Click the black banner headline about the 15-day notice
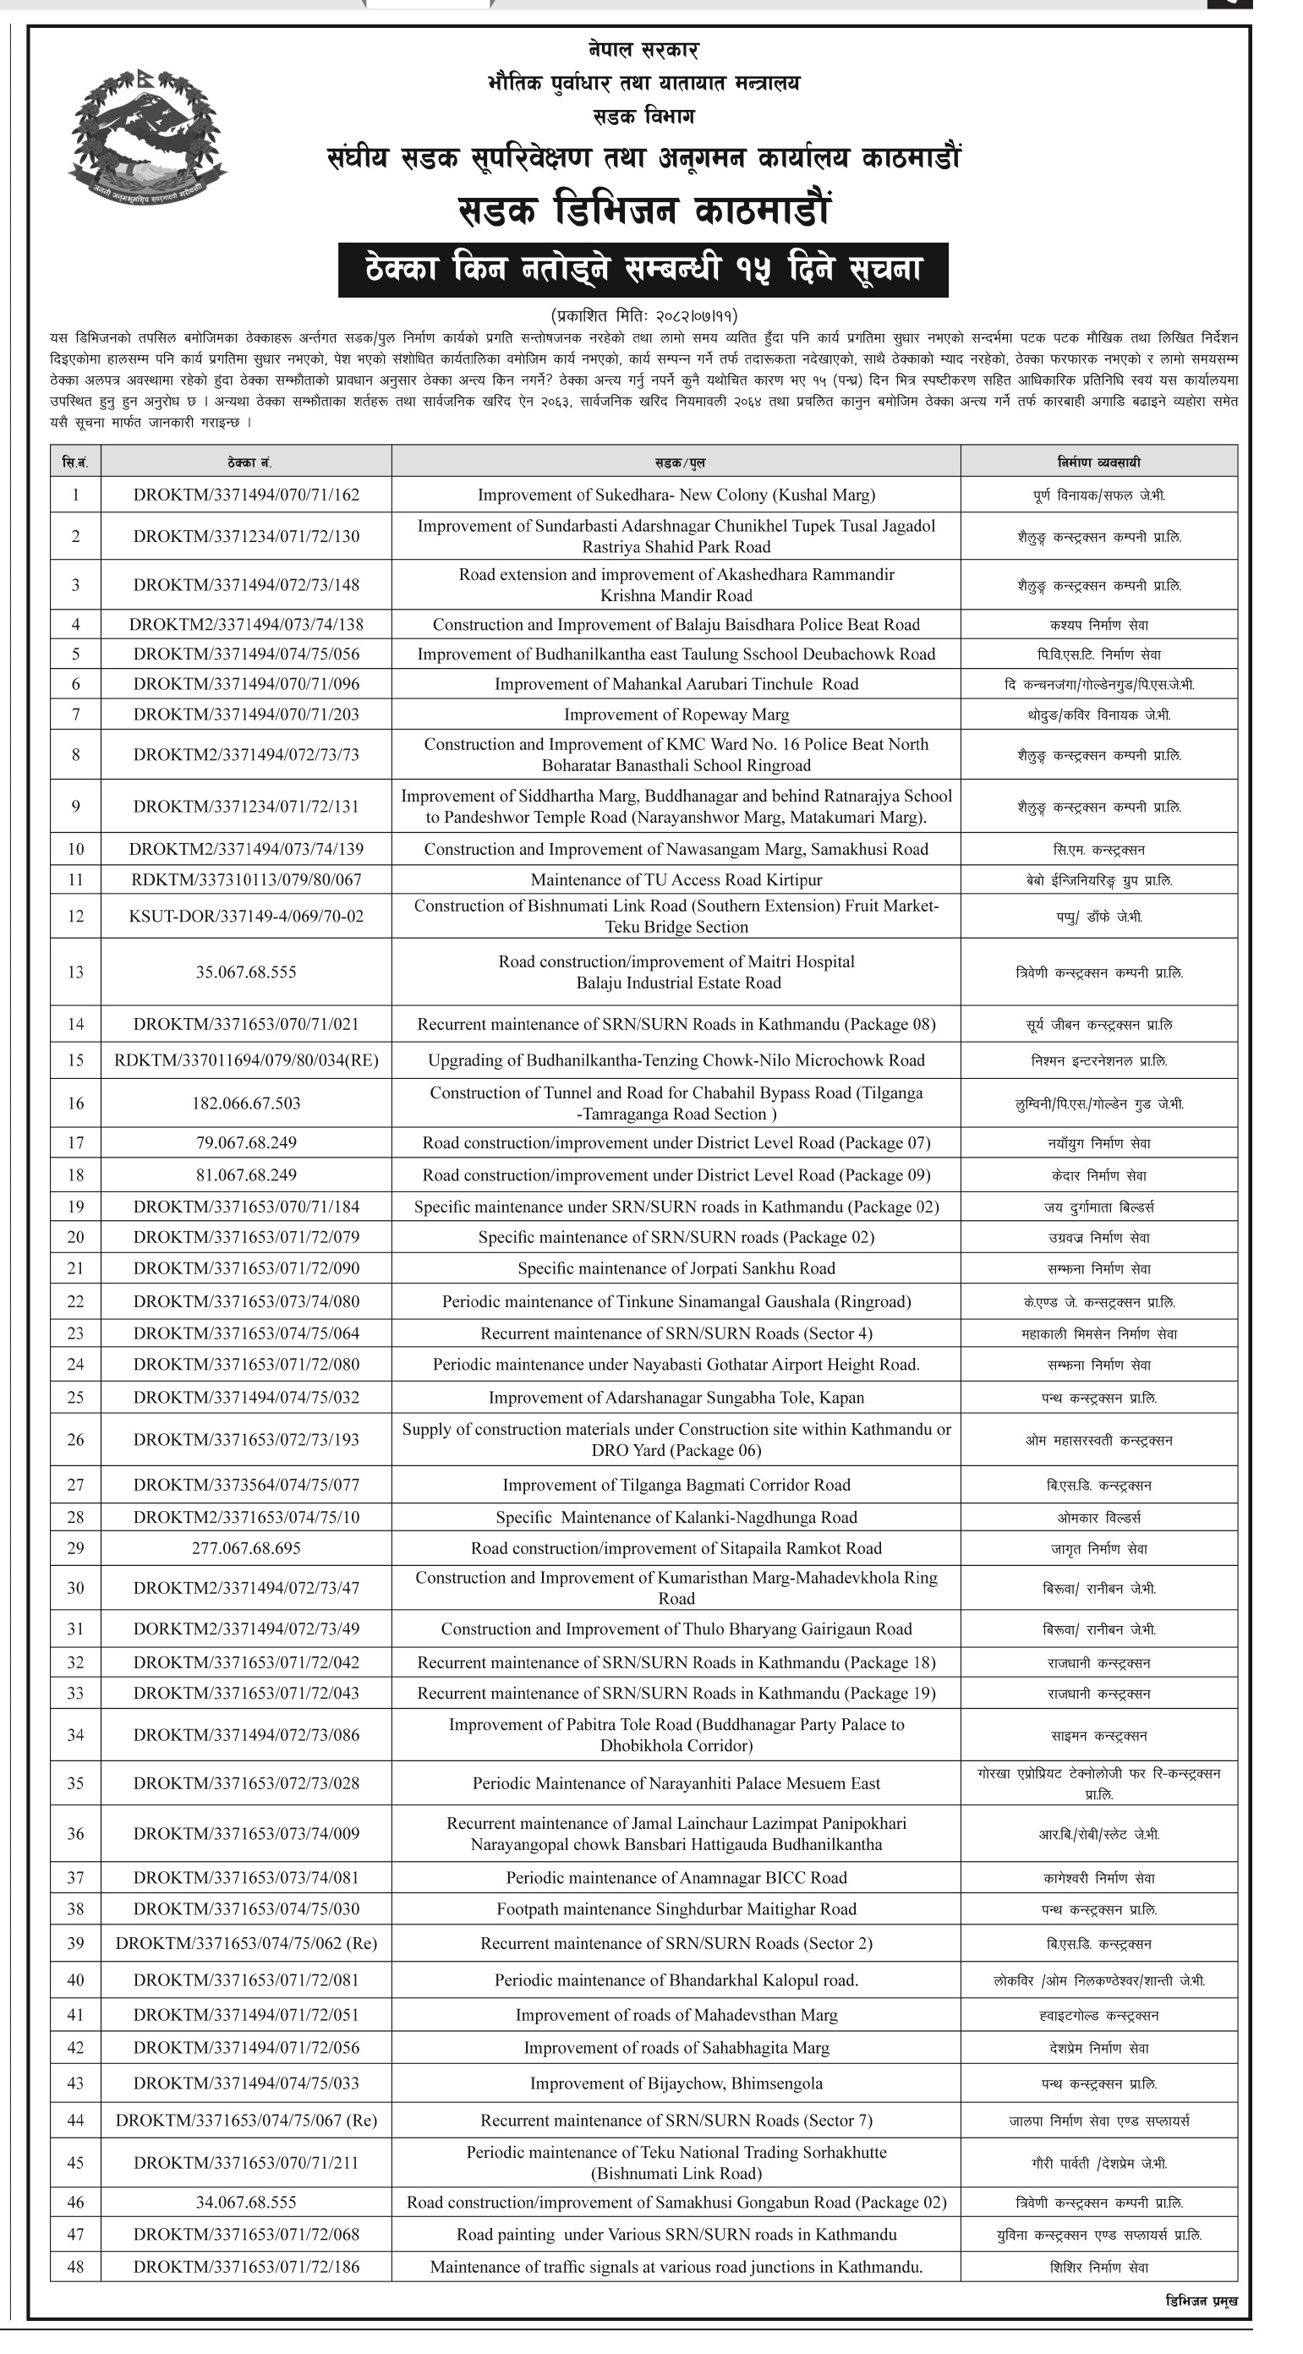coord(643,271)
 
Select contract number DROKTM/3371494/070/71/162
coord(246,495)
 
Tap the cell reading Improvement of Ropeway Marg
coord(676,714)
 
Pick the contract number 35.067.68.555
coord(246,972)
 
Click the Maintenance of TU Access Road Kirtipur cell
coord(676,880)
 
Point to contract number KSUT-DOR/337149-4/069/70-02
coord(246,917)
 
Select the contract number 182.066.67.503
coord(246,1103)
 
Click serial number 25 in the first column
coord(76,1397)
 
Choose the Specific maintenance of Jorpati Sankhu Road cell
coord(676,1268)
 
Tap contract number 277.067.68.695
coord(246,1548)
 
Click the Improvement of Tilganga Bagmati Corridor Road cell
coord(676,1485)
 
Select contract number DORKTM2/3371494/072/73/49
coord(246,1629)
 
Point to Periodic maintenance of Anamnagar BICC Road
coord(676,1878)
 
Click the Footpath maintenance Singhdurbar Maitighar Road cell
coord(676,1909)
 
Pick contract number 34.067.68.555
coord(246,2203)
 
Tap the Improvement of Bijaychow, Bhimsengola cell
coord(676,2083)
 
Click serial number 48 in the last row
coord(76,2267)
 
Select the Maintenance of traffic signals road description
coord(676,2267)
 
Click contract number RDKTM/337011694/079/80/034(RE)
coord(246,1060)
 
